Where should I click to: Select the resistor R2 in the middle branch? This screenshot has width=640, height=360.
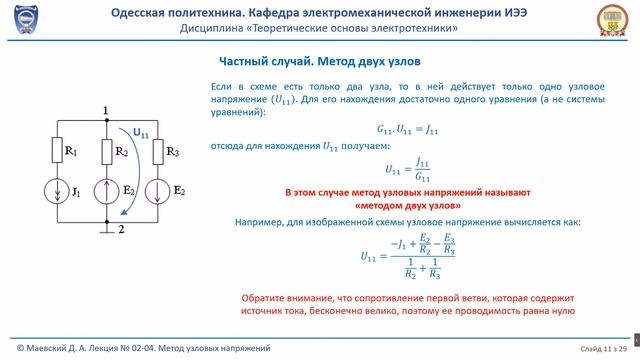click(105, 151)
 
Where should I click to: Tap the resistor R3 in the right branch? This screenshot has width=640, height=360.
click(156, 151)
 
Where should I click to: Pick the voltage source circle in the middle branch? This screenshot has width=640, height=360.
click(105, 190)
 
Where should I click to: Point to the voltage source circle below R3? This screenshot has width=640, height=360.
click(156, 190)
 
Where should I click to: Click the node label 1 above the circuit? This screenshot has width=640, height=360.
click(105, 110)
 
